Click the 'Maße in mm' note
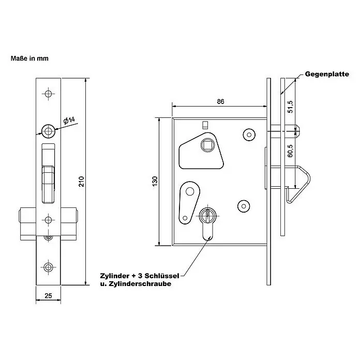point(29,58)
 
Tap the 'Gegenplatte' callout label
point(327,74)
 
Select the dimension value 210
point(82,182)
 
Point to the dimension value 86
point(220,101)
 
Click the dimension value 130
point(155,182)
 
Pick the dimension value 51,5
point(290,107)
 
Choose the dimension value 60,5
point(290,151)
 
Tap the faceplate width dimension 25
point(48,296)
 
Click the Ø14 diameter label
point(69,121)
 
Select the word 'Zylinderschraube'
point(140,284)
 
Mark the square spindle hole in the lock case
point(208,145)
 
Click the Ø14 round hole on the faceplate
point(48,131)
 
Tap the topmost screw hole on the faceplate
point(48,94)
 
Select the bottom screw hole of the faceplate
point(48,267)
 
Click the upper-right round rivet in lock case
point(249,135)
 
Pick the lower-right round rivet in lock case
point(244,206)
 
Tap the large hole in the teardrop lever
point(190,191)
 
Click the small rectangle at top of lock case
point(205,125)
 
